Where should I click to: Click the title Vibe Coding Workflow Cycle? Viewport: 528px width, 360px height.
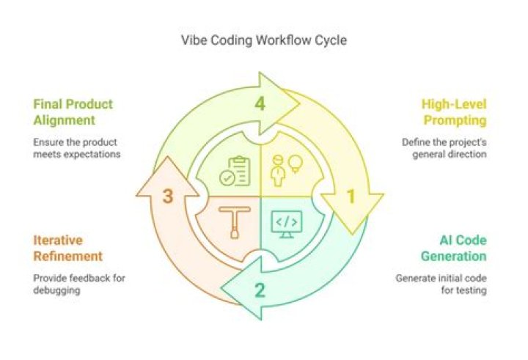264,40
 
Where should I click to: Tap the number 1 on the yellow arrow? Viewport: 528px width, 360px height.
351,196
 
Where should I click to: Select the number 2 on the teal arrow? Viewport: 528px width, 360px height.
260,290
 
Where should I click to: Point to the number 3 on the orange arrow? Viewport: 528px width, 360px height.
168,196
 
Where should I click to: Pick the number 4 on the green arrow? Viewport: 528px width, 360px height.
260,103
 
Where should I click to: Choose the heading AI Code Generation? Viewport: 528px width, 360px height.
453,248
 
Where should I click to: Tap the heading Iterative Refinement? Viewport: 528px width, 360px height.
68,248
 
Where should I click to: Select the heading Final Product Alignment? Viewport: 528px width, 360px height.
73,111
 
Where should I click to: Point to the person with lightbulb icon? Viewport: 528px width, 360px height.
288,169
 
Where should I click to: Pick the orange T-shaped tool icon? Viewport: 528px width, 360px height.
235,222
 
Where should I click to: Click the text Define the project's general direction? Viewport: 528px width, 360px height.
444,148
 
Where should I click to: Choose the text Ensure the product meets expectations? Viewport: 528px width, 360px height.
76,148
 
